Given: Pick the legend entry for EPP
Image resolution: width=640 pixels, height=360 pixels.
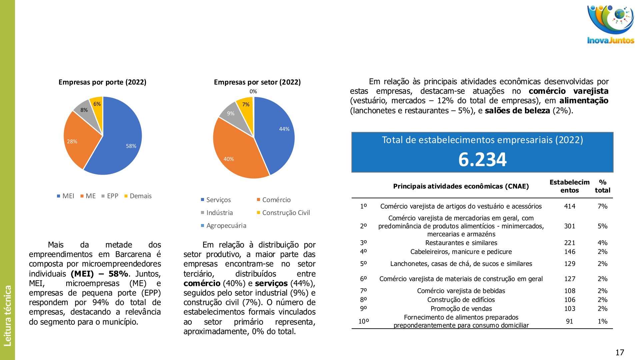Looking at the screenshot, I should pyautogui.click(x=110, y=196).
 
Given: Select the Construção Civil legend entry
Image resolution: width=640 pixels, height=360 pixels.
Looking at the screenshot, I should pyautogui.click(x=283, y=213).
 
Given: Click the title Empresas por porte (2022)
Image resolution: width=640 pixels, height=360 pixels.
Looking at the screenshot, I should pyautogui.click(x=102, y=82).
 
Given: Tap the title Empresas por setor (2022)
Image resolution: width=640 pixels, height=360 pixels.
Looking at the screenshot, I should pyautogui.click(x=257, y=82).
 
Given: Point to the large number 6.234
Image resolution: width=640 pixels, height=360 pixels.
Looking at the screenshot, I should pyautogui.click(x=482, y=159).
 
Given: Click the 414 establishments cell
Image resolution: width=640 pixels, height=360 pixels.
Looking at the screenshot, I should pyautogui.click(x=569, y=206).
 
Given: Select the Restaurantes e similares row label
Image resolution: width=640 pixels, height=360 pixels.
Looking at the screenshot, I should pyautogui.click(x=461, y=243).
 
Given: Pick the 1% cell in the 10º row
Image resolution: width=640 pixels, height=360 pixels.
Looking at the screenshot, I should pyautogui.click(x=602, y=321).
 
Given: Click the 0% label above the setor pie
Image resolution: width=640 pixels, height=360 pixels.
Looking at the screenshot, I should pyautogui.click(x=253, y=92).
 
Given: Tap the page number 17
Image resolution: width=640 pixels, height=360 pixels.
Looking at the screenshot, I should pyautogui.click(x=619, y=352).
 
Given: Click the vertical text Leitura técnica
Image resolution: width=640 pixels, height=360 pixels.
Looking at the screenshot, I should pyautogui.click(x=7, y=315).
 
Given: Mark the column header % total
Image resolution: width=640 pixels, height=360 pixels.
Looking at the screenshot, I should pyautogui.click(x=602, y=186).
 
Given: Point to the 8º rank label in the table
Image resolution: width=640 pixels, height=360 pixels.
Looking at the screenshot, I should pyautogui.click(x=363, y=300).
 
